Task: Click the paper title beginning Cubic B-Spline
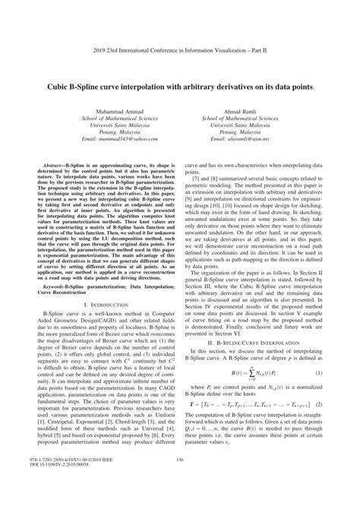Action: pyautogui.click(x=180, y=66)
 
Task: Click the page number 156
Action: pyautogui.click(x=180, y=481)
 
